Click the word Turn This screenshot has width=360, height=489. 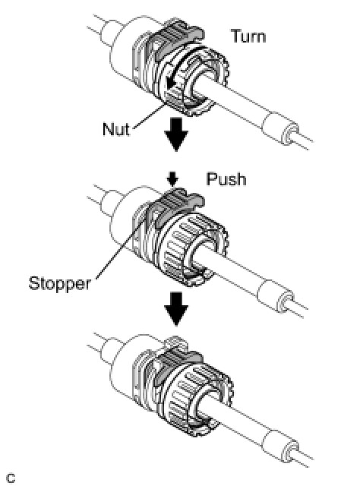click(248, 36)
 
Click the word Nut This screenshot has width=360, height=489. click(115, 128)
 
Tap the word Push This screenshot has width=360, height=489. click(226, 179)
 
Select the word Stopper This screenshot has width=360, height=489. click(59, 284)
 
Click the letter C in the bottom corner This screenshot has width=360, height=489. click(11, 478)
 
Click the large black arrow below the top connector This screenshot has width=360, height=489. click(176, 134)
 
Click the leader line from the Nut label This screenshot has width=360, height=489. click(148, 117)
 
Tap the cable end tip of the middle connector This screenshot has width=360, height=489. click(285, 301)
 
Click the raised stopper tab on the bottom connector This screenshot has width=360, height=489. click(175, 342)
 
